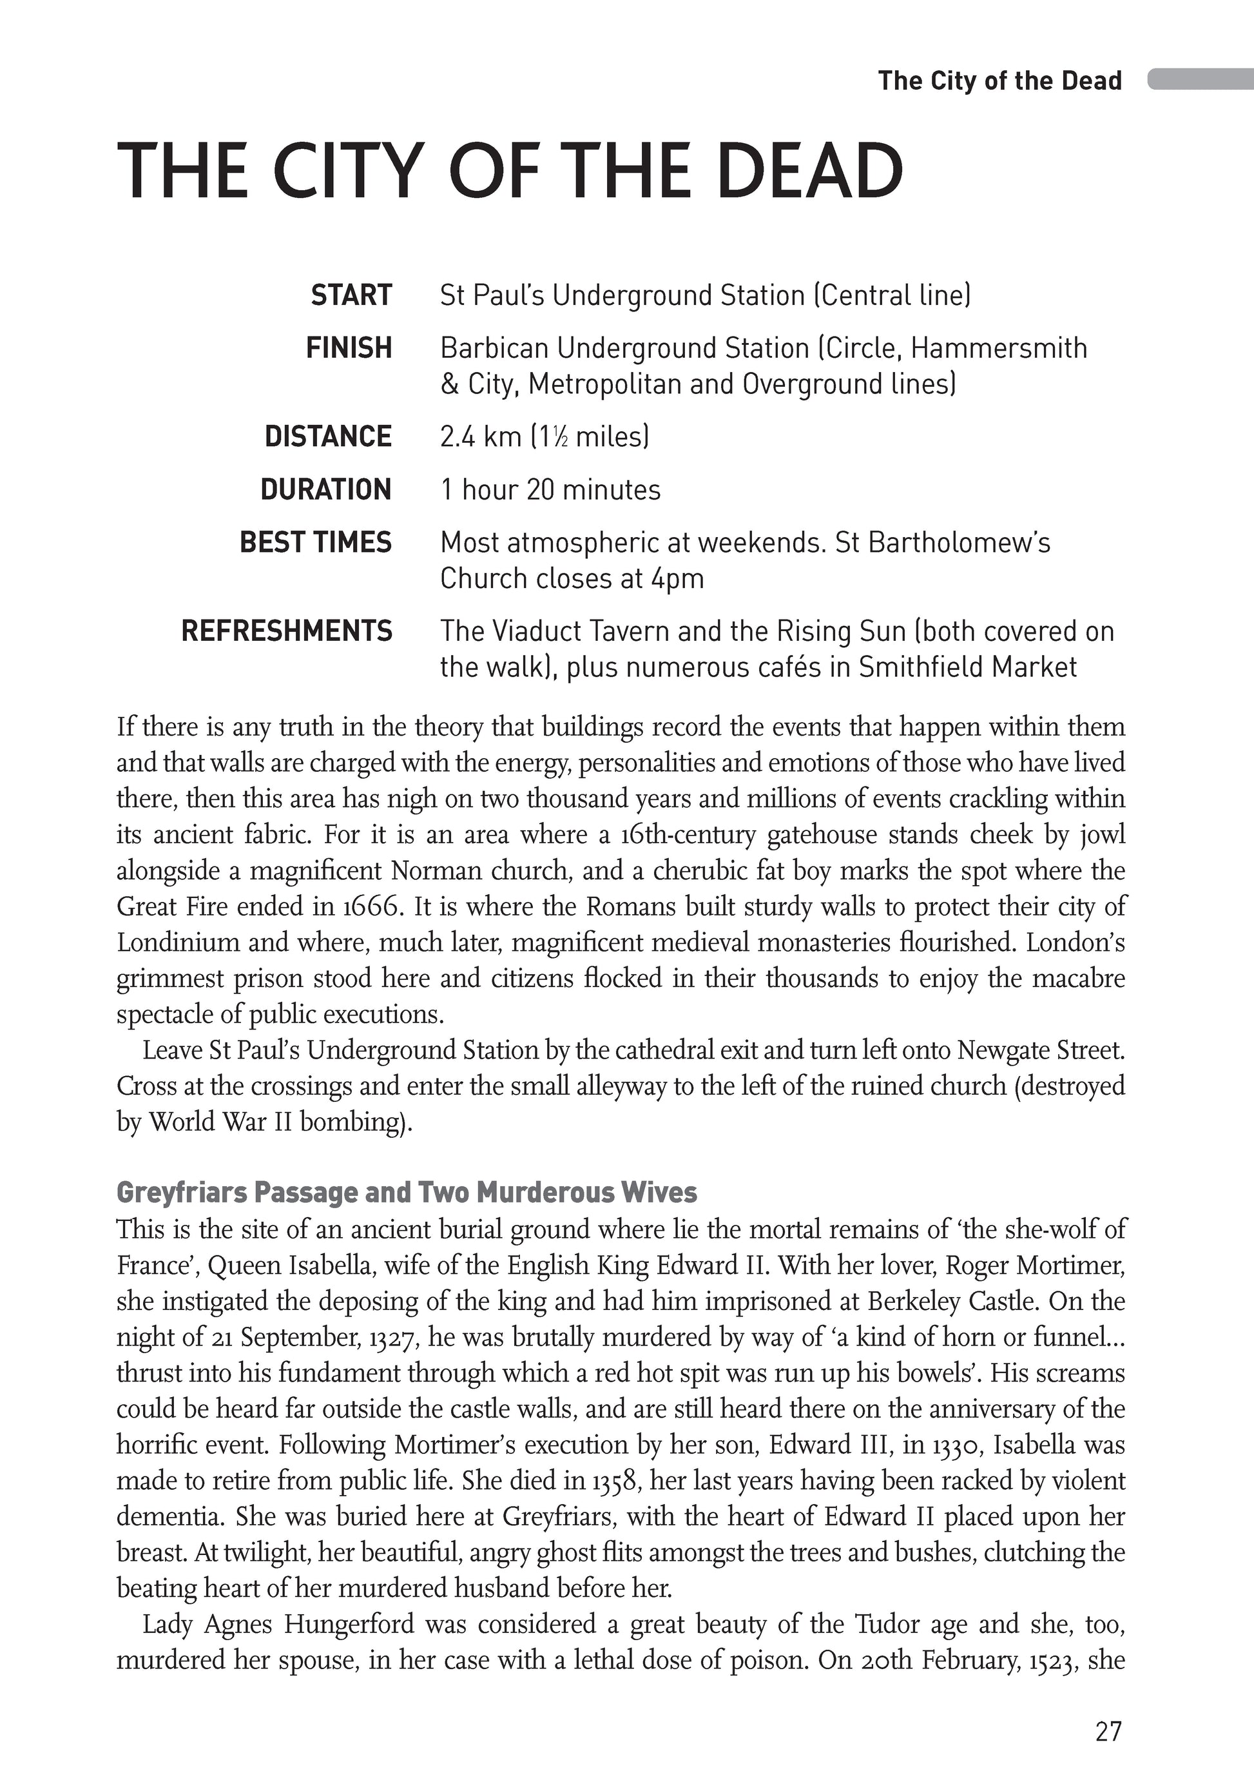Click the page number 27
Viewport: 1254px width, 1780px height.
1108,1730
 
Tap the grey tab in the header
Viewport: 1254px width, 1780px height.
1200,79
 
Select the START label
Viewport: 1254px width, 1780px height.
351,295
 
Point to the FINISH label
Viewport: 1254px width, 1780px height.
349,348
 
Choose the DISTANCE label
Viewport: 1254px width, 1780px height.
328,436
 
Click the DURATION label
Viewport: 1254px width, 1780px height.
325,489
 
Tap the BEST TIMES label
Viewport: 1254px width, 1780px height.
316,542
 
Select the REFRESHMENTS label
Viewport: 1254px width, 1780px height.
287,631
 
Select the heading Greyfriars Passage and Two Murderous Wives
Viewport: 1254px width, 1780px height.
406,1191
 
